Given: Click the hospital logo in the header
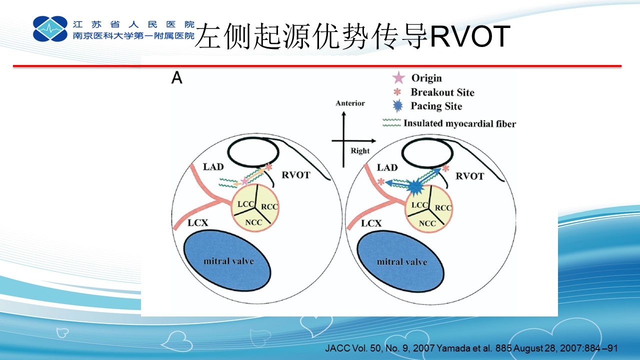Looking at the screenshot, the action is tap(50, 28).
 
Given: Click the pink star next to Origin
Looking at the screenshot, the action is tap(398, 77).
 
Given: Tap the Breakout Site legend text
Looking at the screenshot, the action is tap(442, 92).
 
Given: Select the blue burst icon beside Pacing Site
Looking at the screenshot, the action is tap(397, 105).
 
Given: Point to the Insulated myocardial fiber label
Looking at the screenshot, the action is tap(459, 123).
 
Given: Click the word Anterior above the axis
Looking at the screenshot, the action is tap(350, 103).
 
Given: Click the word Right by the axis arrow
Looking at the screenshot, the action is tap(360, 150).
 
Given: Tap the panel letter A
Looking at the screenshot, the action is tap(177, 77).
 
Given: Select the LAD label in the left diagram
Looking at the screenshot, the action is tap(213, 166).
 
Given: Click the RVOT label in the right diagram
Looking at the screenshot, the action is tap(469, 176).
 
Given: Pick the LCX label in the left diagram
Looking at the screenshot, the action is tap(197, 222).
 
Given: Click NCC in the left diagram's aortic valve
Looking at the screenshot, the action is tap(253, 222).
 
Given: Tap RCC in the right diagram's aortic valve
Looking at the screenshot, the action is tap(443, 207).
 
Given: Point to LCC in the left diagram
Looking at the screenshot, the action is tap(245, 204).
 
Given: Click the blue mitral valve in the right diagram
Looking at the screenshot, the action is tap(400, 261).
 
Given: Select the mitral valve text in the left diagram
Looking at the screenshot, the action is tap(228, 261).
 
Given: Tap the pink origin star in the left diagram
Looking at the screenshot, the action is tap(244, 181).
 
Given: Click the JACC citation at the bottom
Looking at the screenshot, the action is tap(471, 348).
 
